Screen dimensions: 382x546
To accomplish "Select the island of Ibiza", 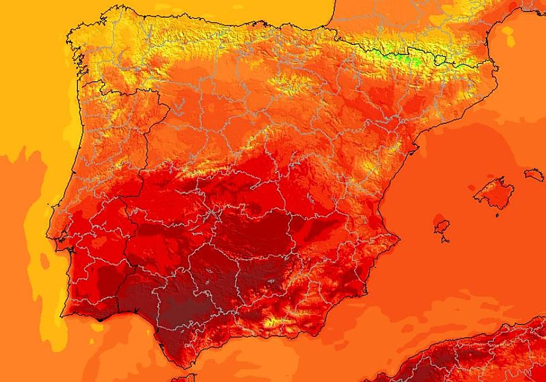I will [442, 226].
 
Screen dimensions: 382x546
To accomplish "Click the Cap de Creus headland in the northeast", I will [496, 68].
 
